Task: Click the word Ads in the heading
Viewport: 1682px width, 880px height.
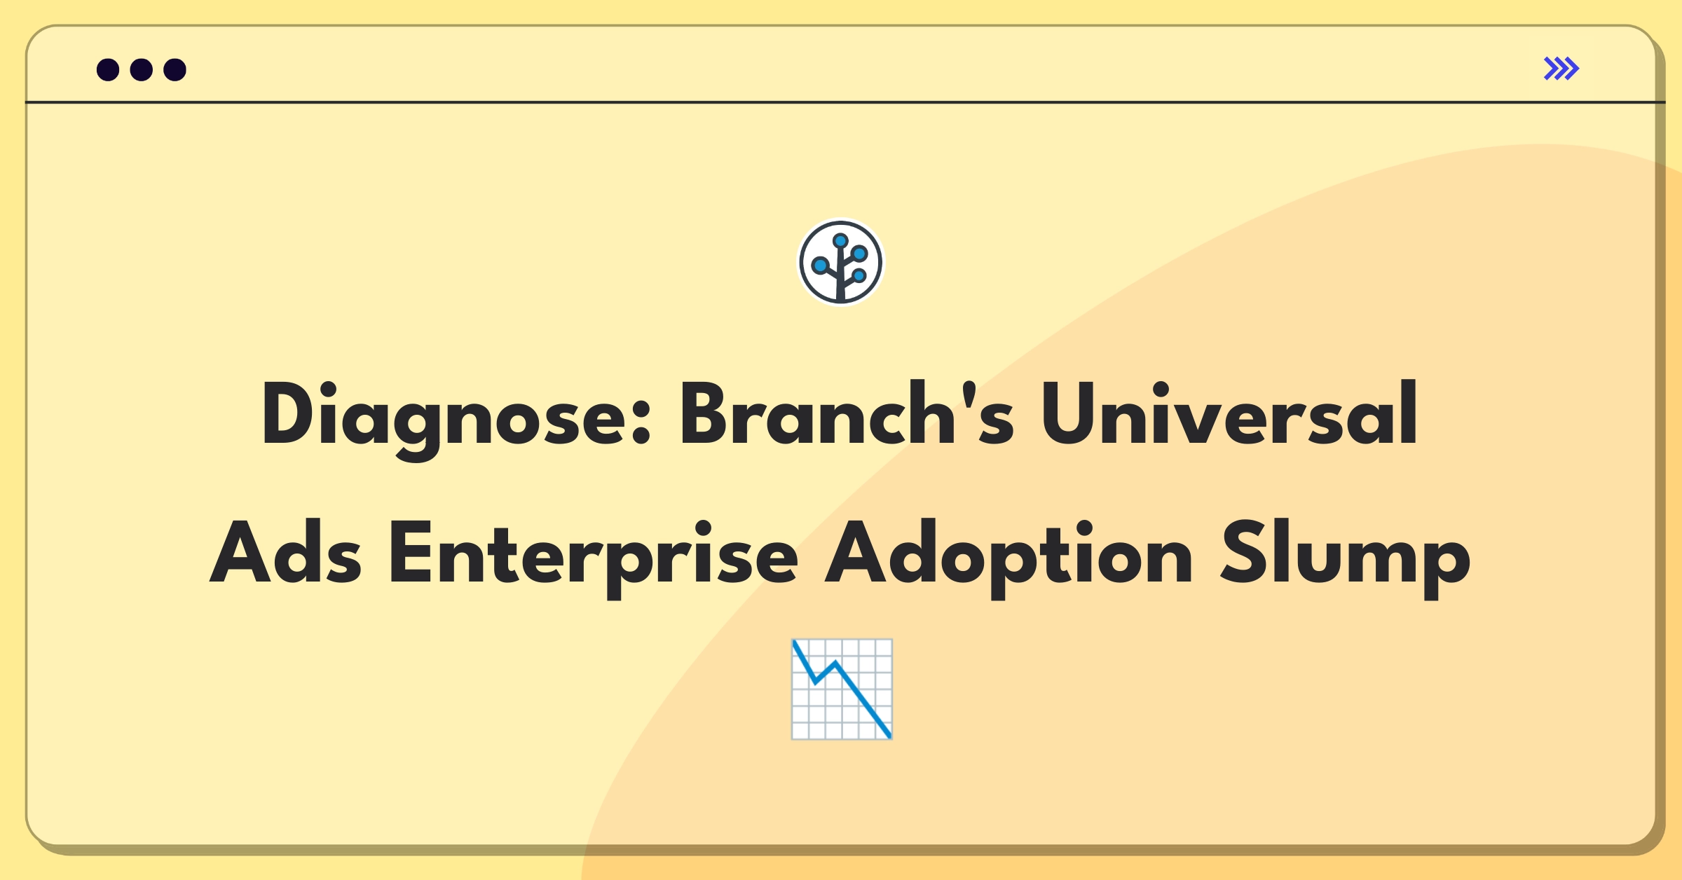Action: coord(286,552)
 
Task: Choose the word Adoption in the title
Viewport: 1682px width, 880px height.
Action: coord(1008,558)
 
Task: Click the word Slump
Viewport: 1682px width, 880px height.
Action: coord(1346,558)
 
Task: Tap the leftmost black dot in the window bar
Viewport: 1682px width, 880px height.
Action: coord(108,69)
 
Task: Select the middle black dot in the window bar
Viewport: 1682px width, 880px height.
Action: coord(142,69)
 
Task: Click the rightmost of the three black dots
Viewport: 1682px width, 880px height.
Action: coord(175,69)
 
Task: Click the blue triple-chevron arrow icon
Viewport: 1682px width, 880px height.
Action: coord(1561,69)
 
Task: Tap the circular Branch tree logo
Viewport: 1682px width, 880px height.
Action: coord(841,263)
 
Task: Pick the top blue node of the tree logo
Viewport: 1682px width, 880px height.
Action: coord(840,241)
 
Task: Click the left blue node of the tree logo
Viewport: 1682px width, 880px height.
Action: coord(820,266)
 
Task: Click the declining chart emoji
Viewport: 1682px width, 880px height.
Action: coord(842,689)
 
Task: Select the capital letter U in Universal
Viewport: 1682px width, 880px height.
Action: coord(1068,413)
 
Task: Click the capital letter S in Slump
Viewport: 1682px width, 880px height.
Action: coord(1243,552)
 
